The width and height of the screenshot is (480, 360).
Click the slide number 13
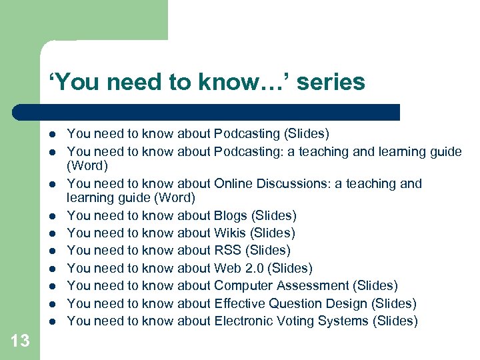coord(20,341)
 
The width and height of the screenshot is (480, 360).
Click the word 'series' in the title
coord(331,82)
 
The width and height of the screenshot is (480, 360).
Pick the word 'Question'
coord(295,303)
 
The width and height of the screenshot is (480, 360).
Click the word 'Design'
coord(347,303)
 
